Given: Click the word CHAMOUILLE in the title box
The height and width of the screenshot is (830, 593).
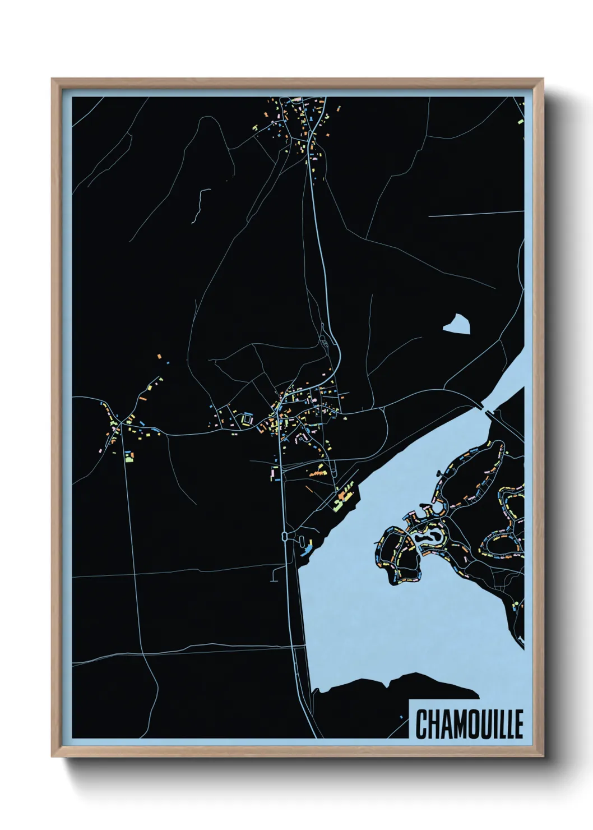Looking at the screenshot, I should (469, 724).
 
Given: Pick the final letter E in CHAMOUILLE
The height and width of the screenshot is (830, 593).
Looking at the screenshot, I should (518, 724).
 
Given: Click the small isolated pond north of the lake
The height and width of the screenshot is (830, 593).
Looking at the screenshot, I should (457, 324).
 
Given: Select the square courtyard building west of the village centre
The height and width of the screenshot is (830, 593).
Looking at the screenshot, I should (247, 419).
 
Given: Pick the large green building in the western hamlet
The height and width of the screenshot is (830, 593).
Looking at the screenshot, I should (129, 458).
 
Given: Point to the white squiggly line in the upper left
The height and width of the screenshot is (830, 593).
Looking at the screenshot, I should (198, 205).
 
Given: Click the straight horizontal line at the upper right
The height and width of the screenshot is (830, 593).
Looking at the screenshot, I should (476, 214).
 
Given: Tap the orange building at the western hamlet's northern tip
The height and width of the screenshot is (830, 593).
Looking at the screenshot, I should (160, 356).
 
